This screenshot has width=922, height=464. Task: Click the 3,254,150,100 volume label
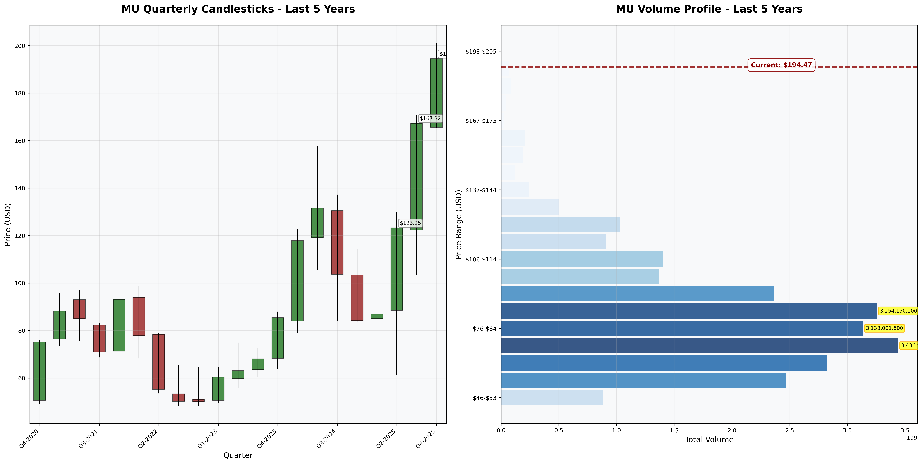pyautogui.click(x=898, y=311)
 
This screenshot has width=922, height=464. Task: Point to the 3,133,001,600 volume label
pyautogui.click(x=884, y=328)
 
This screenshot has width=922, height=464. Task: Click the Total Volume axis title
pyautogui.click(x=709, y=440)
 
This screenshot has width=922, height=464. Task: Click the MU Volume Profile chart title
pyautogui.click(x=709, y=9)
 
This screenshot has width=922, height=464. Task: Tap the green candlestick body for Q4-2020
pyautogui.click(x=40, y=371)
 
